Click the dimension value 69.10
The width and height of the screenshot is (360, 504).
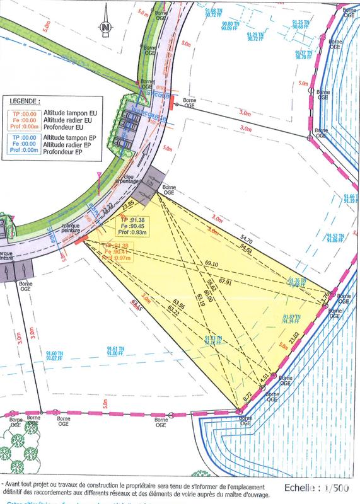point(211,263)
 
